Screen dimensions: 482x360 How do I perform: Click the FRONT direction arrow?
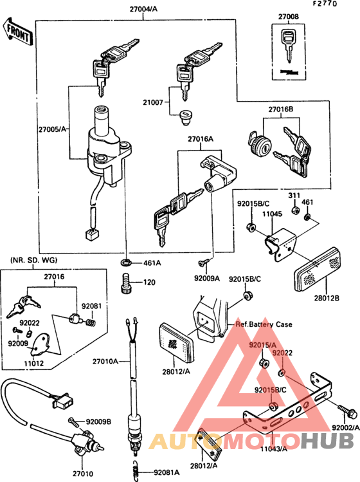pyautogui.click(x=18, y=32)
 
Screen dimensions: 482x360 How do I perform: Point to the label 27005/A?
pyautogui.click(x=53, y=129)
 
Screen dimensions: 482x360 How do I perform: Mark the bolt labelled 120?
pyautogui.click(x=126, y=282)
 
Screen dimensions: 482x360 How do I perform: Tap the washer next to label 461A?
pyautogui.click(x=126, y=263)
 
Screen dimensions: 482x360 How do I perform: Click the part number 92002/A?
pyautogui.click(x=345, y=427)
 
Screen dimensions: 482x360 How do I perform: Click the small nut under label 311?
pyautogui.click(x=293, y=209)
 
